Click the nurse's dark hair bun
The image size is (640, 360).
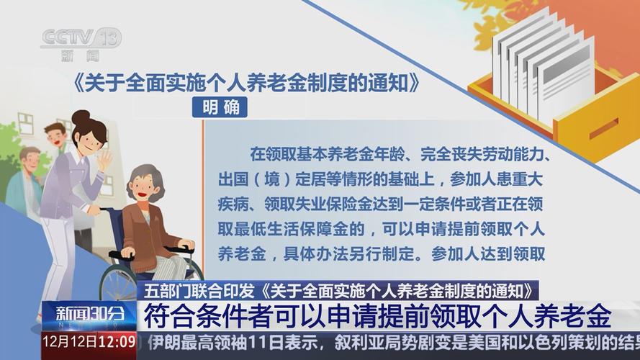tap(81, 117)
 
